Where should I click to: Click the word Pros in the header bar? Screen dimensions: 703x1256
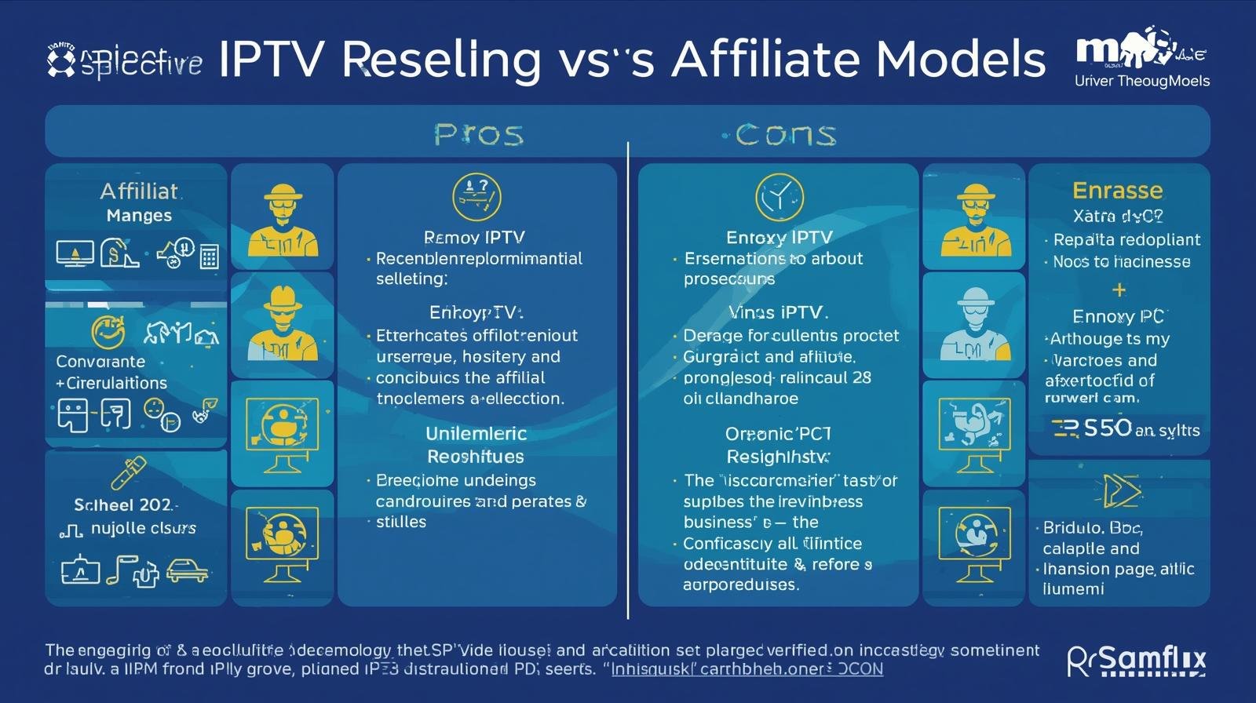point(478,135)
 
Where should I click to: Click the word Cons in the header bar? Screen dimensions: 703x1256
point(785,135)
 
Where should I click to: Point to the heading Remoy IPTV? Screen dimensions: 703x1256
point(474,237)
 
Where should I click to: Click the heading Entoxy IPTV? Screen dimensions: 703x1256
point(779,237)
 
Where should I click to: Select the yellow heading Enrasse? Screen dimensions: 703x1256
point(1117,191)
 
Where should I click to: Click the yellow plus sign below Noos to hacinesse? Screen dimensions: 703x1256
point(1119,290)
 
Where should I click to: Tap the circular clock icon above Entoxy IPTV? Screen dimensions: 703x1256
point(779,197)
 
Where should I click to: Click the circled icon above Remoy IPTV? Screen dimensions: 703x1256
point(476,196)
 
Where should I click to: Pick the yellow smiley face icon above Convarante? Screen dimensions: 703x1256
point(108,332)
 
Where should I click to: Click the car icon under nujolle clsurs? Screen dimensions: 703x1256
point(187,570)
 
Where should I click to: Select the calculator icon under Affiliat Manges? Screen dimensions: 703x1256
point(209,257)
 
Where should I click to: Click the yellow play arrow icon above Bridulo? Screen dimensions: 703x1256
point(1119,491)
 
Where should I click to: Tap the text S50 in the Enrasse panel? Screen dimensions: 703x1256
point(1107,428)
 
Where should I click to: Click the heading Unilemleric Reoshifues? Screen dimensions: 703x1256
point(476,445)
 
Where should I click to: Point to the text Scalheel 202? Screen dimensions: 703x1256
point(126,504)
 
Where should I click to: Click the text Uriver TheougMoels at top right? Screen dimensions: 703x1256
point(1141,81)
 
